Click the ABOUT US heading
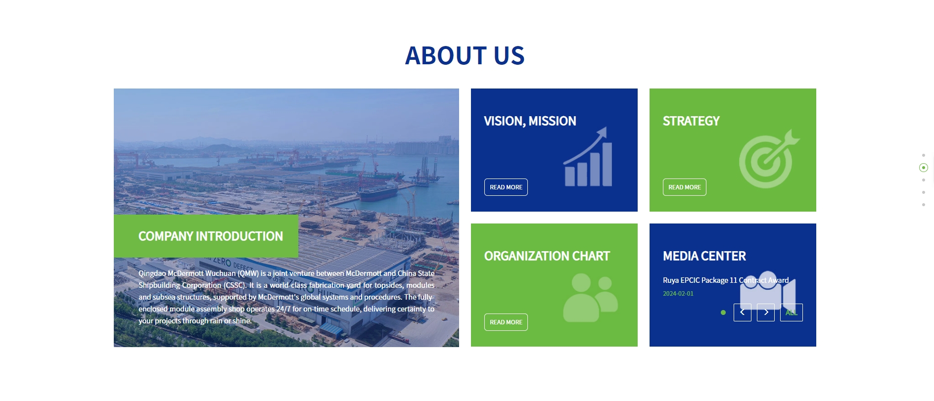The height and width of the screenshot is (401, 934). (x=465, y=55)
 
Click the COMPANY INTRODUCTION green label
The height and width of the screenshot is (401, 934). (x=206, y=236)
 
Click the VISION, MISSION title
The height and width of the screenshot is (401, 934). (x=530, y=121)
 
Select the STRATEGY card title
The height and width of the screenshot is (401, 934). (x=691, y=121)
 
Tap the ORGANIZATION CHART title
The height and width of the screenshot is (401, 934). (x=547, y=256)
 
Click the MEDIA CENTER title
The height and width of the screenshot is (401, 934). (x=704, y=256)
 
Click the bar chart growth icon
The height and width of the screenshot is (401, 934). (x=588, y=157)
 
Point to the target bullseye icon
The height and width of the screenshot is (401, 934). (x=769, y=159)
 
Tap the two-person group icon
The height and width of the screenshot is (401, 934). (x=590, y=298)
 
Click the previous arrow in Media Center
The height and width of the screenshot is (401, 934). (x=742, y=312)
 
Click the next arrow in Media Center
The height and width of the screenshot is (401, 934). (x=766, y=312)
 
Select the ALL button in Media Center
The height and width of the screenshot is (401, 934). (x=792, y=312)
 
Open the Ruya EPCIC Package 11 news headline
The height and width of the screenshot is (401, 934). (x=726, y=280)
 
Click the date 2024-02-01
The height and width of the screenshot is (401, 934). (x=678, y=294)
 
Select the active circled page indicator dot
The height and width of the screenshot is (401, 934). (x=923, y=168)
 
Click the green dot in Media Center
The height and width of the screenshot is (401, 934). (x=723, y=312)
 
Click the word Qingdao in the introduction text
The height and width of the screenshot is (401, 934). (x=152, y=273)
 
